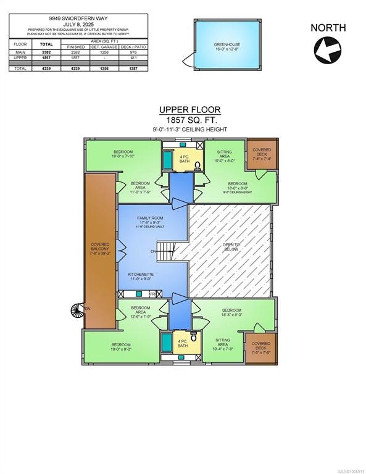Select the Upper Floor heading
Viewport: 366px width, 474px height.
(190, 110)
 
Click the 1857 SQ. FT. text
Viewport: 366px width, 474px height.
(190, 119)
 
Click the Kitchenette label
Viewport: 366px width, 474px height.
(142, 276)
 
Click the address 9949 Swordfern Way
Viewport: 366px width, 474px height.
(78, 19)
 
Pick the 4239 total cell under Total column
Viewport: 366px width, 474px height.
(46, 69)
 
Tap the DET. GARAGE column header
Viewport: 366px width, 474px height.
(104, 47)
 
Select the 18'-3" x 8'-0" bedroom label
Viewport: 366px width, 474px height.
(231, 313)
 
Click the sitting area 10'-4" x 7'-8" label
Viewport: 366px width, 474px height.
(223, 343)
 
